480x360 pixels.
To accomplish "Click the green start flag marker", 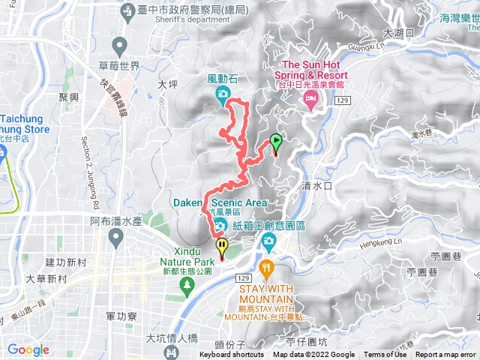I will (x=276, y=140).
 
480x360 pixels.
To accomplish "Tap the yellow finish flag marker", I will (x=222, y=245).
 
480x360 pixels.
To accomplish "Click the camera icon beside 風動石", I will (x=223, y=93).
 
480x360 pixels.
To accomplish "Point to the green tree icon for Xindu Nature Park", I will (x=186, y=284).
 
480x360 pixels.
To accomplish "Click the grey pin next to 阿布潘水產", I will (x=115, y=238).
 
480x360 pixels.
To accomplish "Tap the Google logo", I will (x=28, y=349).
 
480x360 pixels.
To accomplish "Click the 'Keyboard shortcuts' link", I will (x=232, y=355).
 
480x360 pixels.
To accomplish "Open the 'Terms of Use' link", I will (x=385, y=355).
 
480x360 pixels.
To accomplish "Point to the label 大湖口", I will (x=398, y=33).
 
